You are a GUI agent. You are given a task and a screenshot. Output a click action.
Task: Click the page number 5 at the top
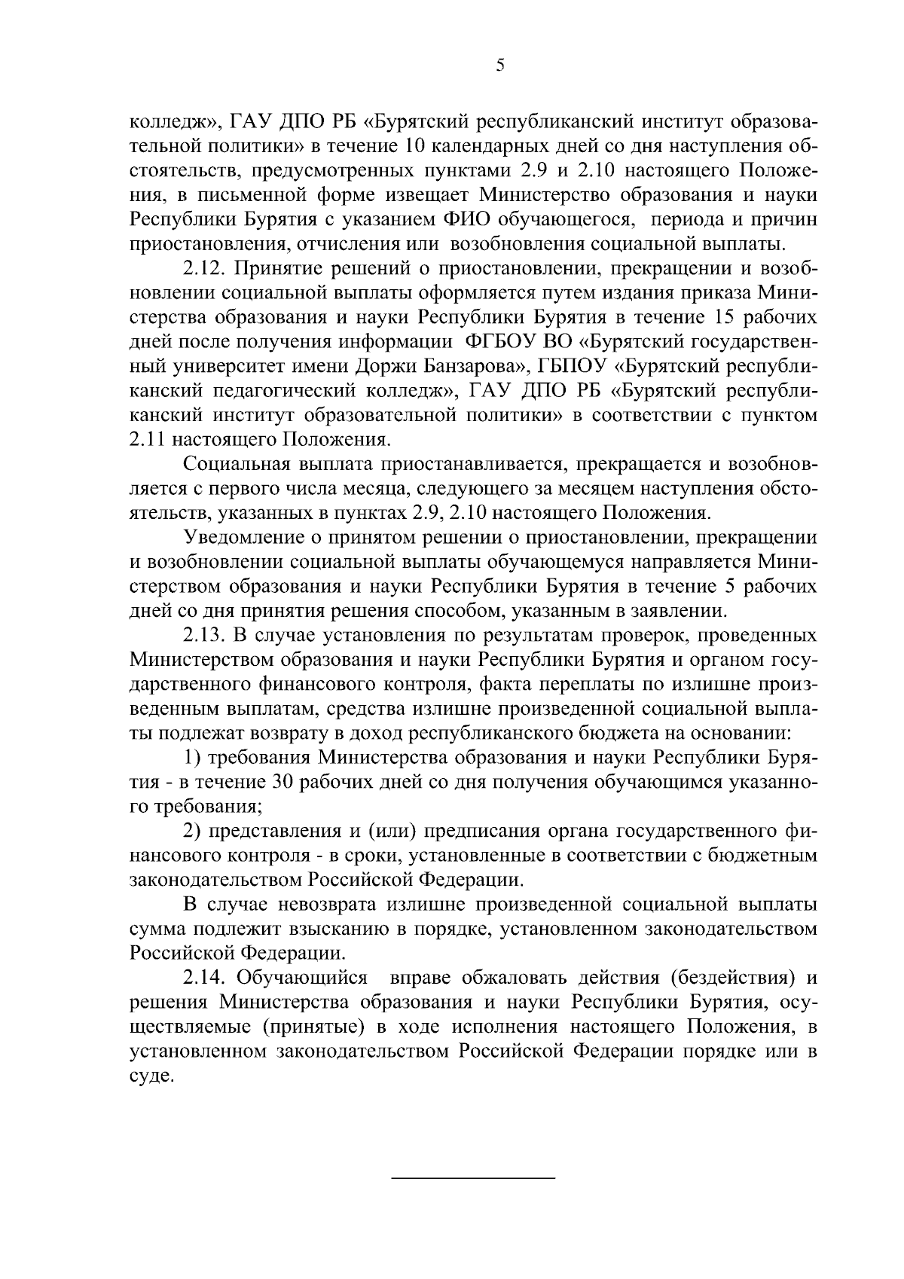[x=500, y=66]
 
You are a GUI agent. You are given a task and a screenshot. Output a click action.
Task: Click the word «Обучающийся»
[x=302, y=978]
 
